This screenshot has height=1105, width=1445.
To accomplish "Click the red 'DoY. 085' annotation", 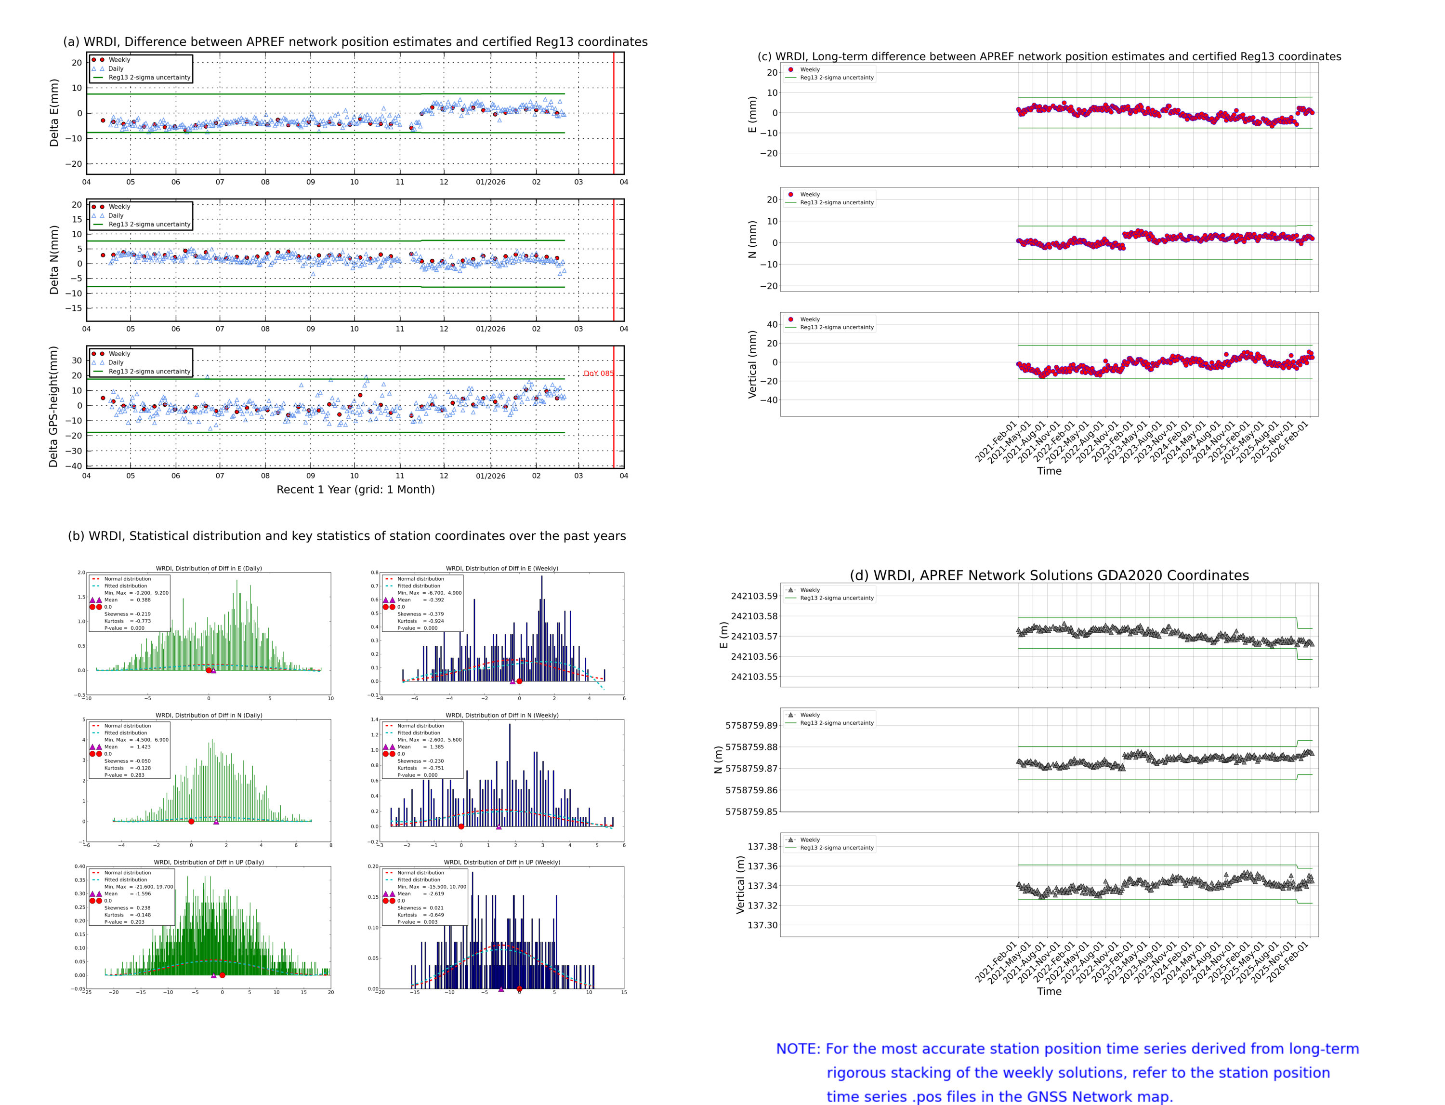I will pos(598,373).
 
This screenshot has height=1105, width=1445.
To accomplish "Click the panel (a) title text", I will pos(355,42).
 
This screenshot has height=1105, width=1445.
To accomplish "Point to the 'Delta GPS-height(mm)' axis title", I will pos(54,406).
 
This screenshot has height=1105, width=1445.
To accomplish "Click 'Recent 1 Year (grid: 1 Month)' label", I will pos(355,489).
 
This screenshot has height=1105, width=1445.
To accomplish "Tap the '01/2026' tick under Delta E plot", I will pos(490,182).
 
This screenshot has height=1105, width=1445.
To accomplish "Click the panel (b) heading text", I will pos(346,536).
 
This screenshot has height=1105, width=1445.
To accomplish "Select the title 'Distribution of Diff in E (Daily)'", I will pos(209,568).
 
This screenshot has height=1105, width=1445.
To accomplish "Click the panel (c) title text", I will pos(1049,56).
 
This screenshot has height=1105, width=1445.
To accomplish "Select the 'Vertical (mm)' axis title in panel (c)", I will pos(752,364).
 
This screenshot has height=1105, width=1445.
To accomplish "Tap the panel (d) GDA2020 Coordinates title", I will pos(1049,575).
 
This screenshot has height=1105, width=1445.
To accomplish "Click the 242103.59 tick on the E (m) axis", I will pos(754,596).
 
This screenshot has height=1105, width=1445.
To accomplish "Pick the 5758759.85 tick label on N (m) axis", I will pos(751,812).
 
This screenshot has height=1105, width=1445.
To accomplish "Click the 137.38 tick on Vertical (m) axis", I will pos(762,847).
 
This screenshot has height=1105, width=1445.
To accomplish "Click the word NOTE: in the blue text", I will pos(798,1049).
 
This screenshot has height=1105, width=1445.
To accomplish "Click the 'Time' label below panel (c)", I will pos(1049,471).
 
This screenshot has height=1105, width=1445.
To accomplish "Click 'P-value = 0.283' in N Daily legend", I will pos(124,775).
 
